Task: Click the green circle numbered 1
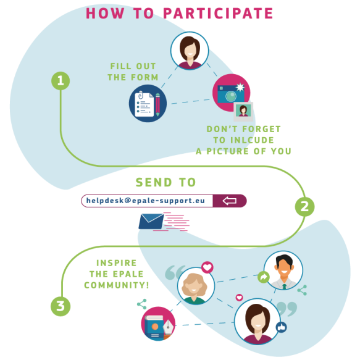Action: pos(61,81)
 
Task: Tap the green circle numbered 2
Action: pos(304,207)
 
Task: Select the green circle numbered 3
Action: pos(61,306)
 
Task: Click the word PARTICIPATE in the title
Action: pos(218,14)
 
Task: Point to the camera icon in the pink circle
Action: pos(231,93)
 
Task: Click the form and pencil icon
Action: pos(148,103)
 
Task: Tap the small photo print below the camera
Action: pos(243,112)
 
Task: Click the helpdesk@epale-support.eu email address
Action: pos(146,201)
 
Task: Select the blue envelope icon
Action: pos(151,221)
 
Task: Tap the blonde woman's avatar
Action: pos(196,286)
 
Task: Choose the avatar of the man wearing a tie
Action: pos(283,270)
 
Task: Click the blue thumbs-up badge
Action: pos(282,327)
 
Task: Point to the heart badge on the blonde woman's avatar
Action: pos(207,267)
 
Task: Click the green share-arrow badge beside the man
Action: pos(264,277)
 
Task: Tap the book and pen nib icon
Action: pos(158,324)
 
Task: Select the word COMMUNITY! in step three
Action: pos(117,285)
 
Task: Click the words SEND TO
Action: pos(165,182)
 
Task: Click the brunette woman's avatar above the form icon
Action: pos(190,51)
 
